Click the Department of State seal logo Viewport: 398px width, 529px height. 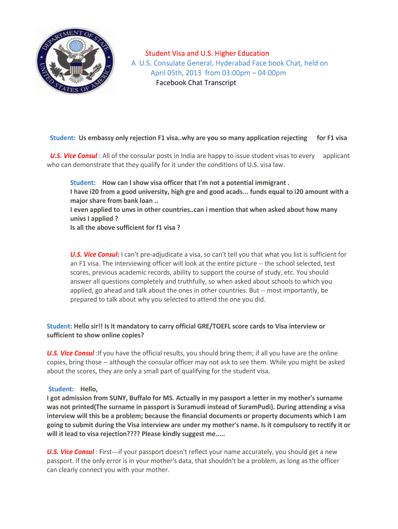(x=75, y=61)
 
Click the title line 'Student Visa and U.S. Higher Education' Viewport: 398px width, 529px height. (x=207, y=53)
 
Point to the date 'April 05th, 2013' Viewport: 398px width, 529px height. (x=177, y=73)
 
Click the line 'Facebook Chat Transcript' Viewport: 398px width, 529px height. (x=196, y=83)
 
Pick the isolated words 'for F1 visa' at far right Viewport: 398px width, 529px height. (x=332, y=138)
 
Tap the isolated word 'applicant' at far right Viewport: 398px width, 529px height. (x=336, y=155)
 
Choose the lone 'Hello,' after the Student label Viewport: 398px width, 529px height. (x=89, y=388)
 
